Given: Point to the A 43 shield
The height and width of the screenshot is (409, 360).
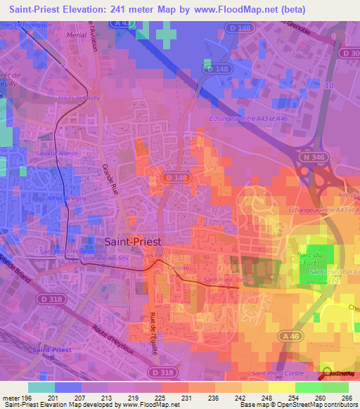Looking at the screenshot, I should (x=121, y=23).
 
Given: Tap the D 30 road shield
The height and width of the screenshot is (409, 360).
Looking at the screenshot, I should (x=349, y=53).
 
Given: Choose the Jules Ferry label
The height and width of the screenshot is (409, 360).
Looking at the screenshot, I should (x=155, y=256).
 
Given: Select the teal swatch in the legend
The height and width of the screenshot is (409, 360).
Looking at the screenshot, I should (x=41, y=387).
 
